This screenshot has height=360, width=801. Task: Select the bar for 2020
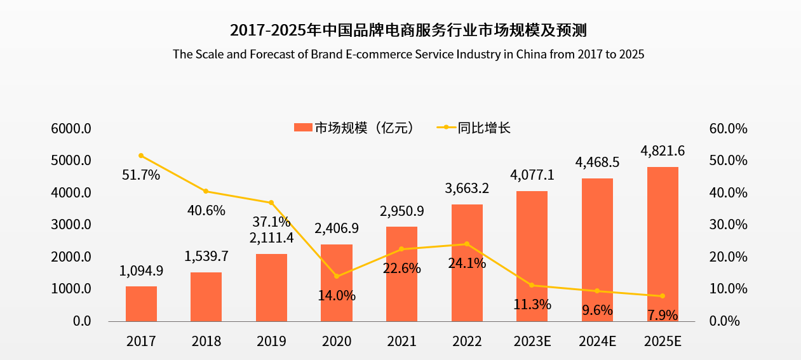(x=337, y=283)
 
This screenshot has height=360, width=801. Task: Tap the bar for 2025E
(x=663, y=244)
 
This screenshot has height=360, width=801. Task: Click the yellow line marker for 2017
(x=141, y=156)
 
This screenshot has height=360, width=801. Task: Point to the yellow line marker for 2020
(x=337, y=276)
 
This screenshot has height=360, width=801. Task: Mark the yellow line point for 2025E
(x=663, y=296)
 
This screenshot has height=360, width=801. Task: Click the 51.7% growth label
(x=141, y=175)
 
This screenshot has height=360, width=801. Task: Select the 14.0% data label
(x=337, y=295)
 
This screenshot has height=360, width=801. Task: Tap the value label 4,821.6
(x=663, y=151)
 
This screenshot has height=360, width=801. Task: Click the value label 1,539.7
(x=206, y=257)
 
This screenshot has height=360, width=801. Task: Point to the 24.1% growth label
(x=467, y=262)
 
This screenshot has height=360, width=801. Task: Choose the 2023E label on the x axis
(x=532, y=342)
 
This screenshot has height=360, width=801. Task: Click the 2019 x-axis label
(x=271, y=342)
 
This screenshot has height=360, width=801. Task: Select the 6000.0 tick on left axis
(x=72, y=128)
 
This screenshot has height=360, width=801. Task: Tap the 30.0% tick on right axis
(x=728, y=225)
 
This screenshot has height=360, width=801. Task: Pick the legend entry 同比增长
(x=483, y=128)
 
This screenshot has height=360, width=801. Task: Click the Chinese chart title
(x=408, y=30)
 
